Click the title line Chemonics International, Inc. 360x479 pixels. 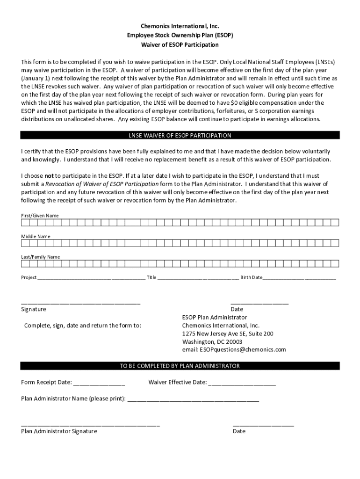click(180, 27)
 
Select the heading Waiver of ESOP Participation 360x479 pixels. click(180, 45)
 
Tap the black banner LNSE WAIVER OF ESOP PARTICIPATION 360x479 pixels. click(180, 136)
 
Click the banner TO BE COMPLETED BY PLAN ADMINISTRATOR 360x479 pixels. click(180, 366)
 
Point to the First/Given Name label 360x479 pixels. click(40, 216)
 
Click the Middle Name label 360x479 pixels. click(36, 237)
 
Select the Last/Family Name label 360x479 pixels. click(40, 257)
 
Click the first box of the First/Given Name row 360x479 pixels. click(24, 222)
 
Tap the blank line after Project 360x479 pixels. click(91, 278)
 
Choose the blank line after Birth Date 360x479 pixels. click(299, 278)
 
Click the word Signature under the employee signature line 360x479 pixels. click(34, 310)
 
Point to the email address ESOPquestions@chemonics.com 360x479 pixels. click(234, 349)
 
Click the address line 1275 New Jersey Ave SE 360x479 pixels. click(228, 334)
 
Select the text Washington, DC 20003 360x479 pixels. click(212, 341)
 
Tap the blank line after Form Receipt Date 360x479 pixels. click(99, 383)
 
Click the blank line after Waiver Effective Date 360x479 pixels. click(242, 383)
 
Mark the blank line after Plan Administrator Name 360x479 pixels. click(193, 399)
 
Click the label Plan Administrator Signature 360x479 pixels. click(59, 431)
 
